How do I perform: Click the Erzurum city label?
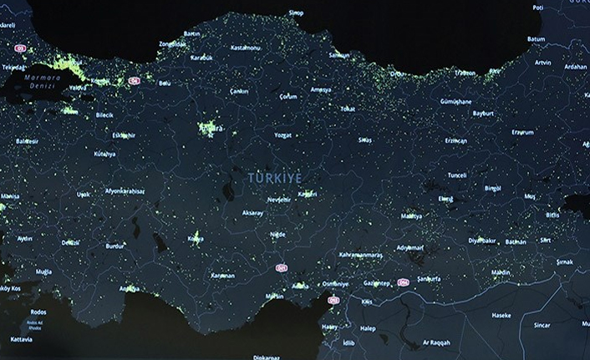tap(522, 131)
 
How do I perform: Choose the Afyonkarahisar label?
tap(124, 191)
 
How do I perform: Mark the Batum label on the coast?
tap(536, 39)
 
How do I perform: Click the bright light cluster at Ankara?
tap(209, 128)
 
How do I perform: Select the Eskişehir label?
tap(123, 134)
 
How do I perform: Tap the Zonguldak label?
tap(178, 42)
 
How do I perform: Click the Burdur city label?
tap(115, 246)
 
